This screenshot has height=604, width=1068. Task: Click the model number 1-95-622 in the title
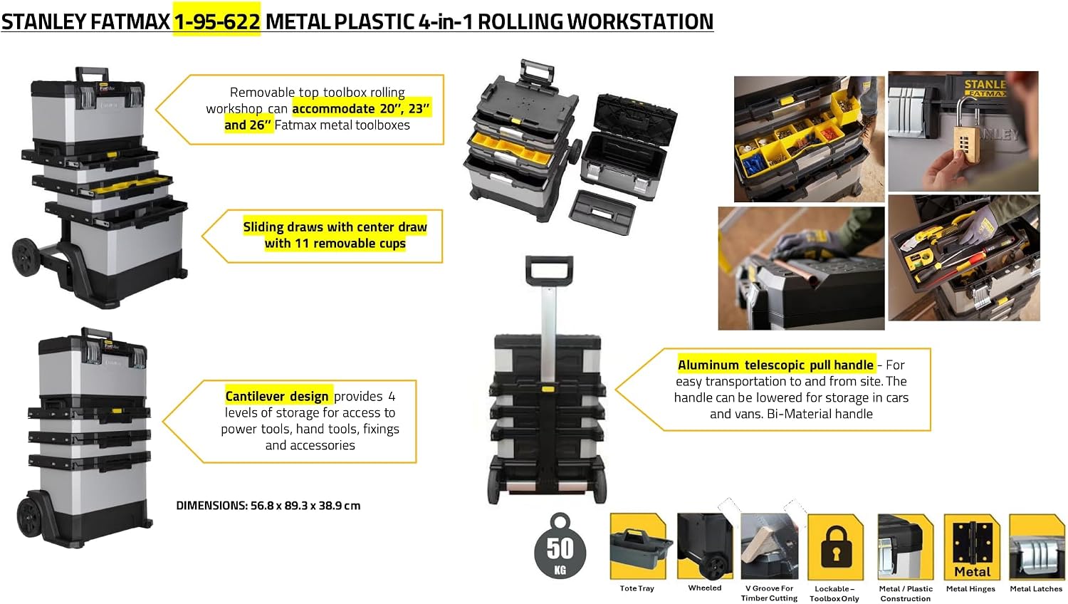(x=217, y=21)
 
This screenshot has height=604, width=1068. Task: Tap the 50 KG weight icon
(x=560, y=546)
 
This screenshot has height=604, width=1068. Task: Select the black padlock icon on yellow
(x=835, y=547)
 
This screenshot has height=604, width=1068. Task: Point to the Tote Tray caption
(x=637, y=588)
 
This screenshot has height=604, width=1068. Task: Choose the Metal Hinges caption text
(x=970, y=589)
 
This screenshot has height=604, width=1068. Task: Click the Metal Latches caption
(x=1036, y=589)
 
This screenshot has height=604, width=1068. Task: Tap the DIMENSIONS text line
(x=268, y=506)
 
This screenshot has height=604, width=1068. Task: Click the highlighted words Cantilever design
(x=277, y=397)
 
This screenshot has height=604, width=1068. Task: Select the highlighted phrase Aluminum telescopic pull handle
(x=776, y=365)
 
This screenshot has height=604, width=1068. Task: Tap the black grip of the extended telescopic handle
(x=549, y=271)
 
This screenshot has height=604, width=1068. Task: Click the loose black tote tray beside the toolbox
(x=602, y=212)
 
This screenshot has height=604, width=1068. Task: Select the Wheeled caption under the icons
(x=705, y=588)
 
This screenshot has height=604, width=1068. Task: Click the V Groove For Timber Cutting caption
(x=769, y=593)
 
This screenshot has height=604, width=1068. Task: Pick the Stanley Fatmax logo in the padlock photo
(x=985, y=88)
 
